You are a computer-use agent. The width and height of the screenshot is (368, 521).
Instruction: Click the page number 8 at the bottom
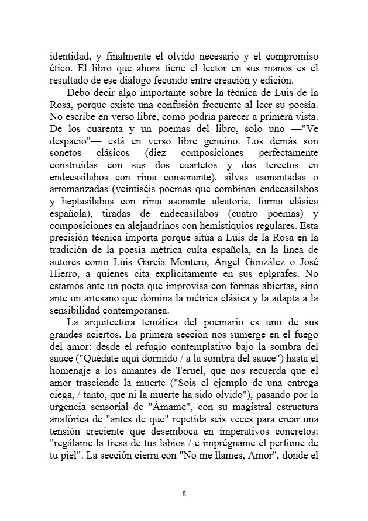pos(184,494)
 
